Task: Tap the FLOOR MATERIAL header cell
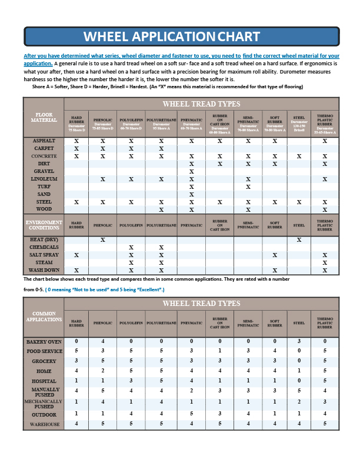45,118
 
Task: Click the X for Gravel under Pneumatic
191,171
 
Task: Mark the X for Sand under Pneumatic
191,194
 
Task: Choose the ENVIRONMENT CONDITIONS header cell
45,224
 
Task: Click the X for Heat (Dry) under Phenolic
103,240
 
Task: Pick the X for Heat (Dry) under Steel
299,240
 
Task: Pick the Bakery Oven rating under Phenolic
103,341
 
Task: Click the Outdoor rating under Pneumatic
191,414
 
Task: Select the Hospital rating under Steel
299,381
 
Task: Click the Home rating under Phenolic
103,371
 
